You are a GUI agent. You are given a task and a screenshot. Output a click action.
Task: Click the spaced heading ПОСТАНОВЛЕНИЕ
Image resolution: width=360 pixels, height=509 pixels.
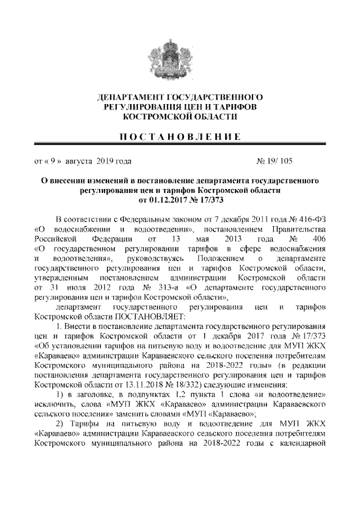pyautogui.click(x=179, y=137)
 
